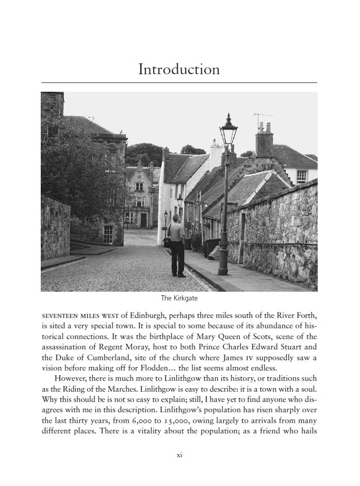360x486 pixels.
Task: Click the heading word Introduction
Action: coord(179,70)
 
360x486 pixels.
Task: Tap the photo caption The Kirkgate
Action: coord(179,298)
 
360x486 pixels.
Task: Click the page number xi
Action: coord(179,455)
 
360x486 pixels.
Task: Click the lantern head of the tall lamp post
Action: coord(228,131)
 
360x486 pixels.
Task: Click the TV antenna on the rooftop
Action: coord(264,116)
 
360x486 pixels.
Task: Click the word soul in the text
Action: coord(306,389)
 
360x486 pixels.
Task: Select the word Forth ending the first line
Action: coord(305,315)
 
